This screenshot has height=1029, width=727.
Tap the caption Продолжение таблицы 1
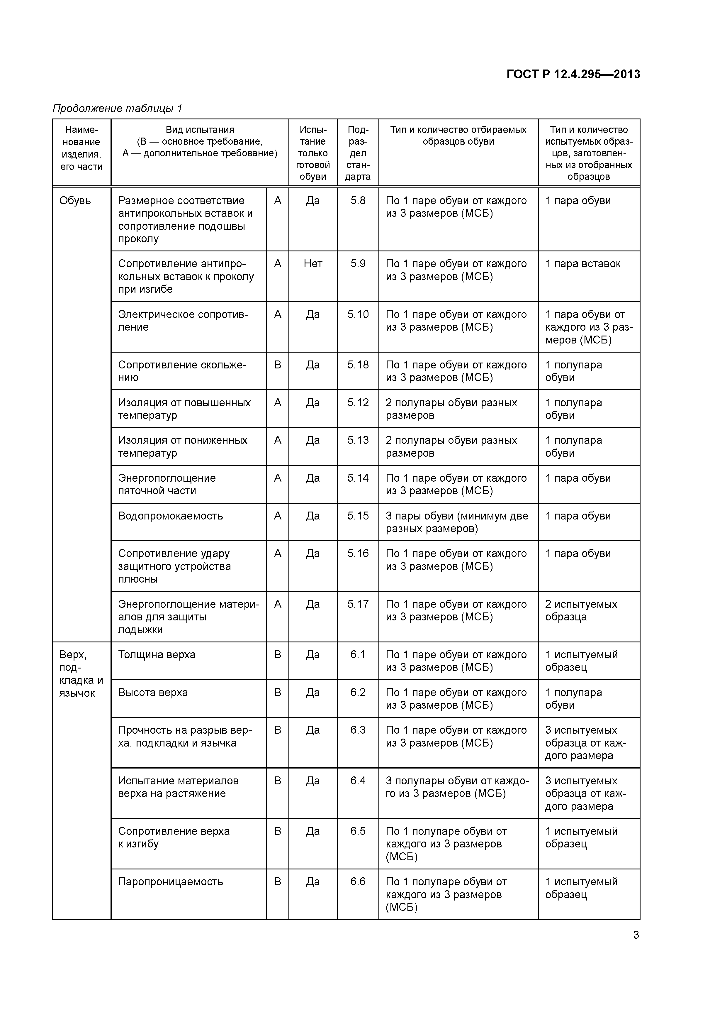point(117,109)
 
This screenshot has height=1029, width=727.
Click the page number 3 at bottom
point(636,935)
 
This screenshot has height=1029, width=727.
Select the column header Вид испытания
point(200,130)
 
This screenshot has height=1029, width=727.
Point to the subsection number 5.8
point(358,201)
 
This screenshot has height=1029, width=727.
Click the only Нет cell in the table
point(313,264)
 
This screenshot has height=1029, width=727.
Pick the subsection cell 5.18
point(358,365)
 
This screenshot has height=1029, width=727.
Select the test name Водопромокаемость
point(170,516)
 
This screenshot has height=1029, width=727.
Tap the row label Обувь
point(75,201)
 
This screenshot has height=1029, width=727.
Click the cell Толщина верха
point(157,655)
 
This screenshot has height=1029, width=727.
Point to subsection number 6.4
point(358,781)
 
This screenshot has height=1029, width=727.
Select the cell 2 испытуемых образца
point(581,610)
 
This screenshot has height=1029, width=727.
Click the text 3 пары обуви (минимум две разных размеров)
point(457,522)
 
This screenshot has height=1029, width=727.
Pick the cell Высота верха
point(153,693)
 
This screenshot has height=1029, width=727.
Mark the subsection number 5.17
point(358,604)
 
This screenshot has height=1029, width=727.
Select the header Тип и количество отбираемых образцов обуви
point(458,135)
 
